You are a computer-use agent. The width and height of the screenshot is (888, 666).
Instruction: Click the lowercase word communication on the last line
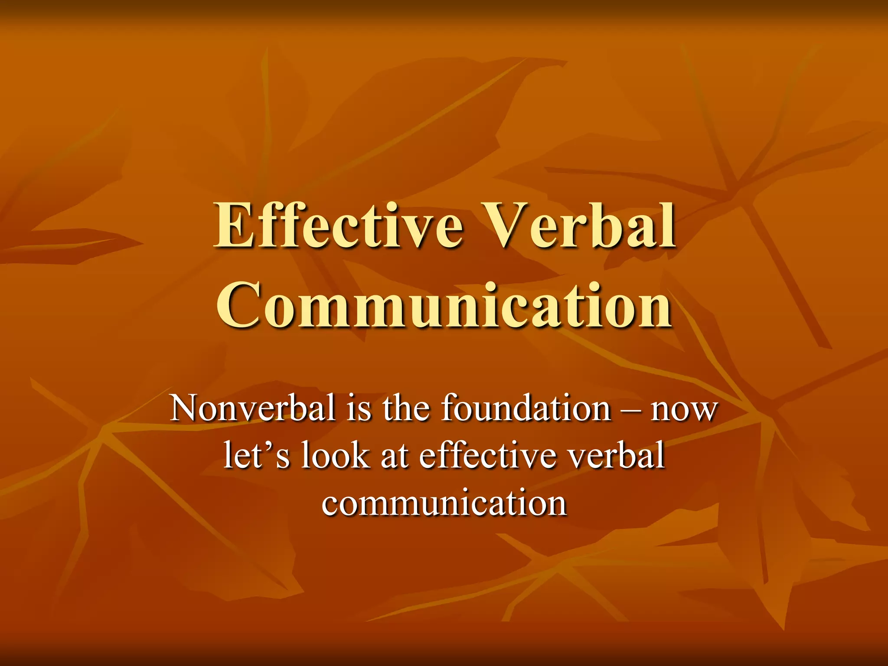[x=444, y=503]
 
